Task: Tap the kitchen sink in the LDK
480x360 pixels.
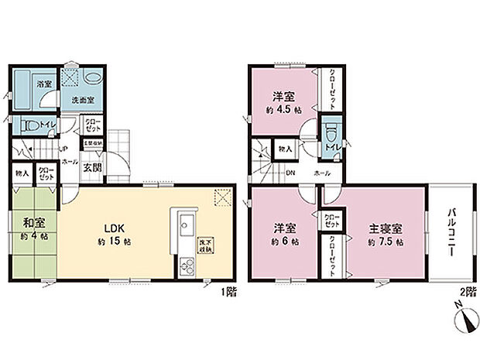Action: point(186,227)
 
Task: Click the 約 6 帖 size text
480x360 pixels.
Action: point(283,242)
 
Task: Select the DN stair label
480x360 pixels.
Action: point(289,173)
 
